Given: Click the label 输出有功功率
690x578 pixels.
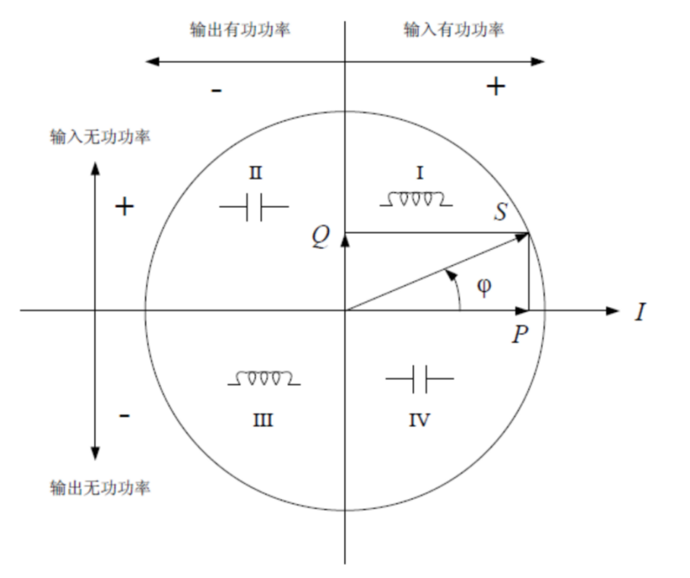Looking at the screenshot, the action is [x=240, y=30].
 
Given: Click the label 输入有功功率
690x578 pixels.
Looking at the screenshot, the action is [x=454, y=30].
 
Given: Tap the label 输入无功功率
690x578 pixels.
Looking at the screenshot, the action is [x=100, y=137].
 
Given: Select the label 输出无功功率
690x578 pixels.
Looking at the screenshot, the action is [x=100, y=487].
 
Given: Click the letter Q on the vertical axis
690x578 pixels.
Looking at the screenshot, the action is [x=321, y=237].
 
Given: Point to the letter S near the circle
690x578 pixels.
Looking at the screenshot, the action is [x=501, y=211].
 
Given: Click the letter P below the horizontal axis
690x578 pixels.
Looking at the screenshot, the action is [x=520, y=334].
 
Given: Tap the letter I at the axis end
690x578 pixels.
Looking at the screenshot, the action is [x=640, y=311].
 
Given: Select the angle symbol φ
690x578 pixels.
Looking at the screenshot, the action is [x=484, y=286].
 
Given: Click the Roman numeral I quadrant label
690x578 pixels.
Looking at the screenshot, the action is [x=419, y=173].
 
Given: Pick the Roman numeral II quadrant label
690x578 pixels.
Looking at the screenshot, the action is [x=255, y=173].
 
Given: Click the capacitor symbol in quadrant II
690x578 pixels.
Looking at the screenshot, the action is [x=254, y=207].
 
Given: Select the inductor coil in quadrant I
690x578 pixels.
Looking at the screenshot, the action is [x=416, y=200].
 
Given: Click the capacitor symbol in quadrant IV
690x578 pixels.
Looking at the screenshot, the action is [x=419, y=377].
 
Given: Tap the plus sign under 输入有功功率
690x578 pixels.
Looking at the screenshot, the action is [x=495, y=87].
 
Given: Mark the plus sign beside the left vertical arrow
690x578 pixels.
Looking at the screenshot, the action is [x=125, y=207].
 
